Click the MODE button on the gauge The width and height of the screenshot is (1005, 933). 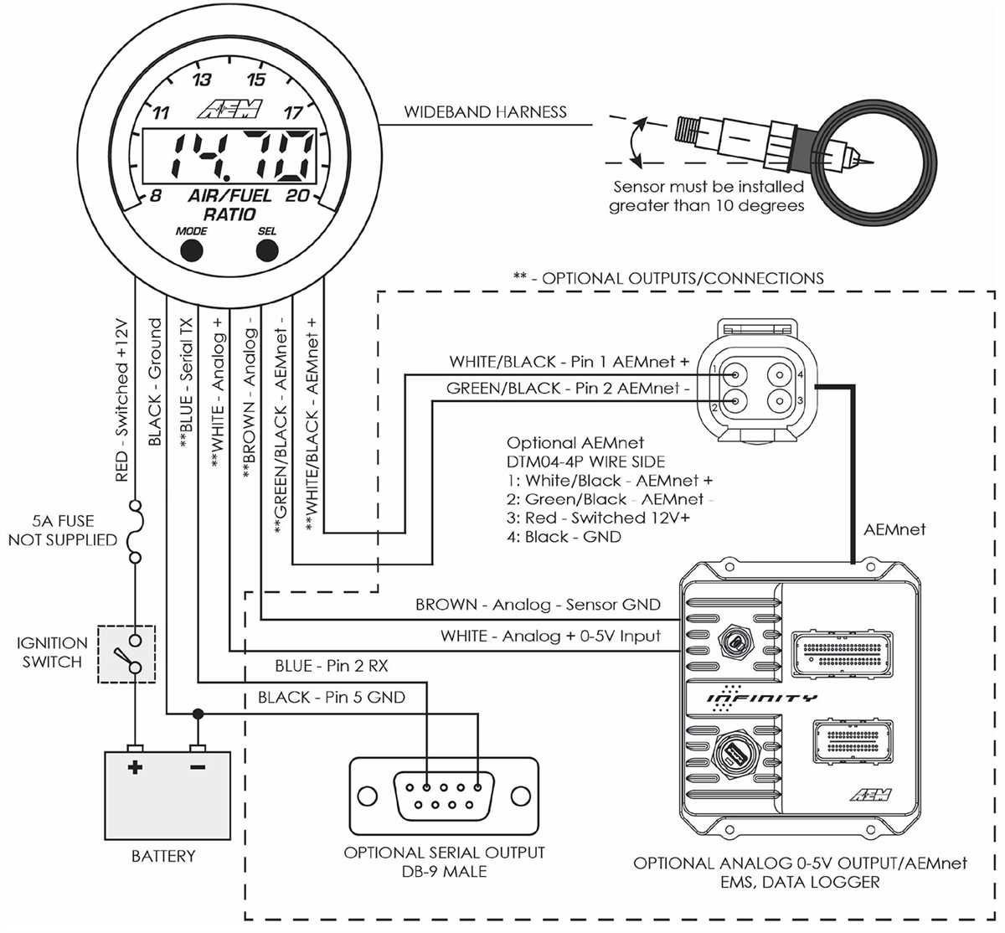192,250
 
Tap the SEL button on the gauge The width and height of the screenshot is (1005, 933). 267,250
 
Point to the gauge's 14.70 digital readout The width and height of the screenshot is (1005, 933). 229,156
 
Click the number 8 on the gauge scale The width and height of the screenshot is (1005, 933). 156,195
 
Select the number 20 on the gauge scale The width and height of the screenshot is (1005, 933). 297,195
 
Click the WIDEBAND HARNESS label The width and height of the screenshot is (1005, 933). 485,112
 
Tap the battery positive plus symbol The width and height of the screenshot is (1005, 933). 135,767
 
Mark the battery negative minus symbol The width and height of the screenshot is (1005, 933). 198,767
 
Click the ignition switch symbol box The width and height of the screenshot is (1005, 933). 126,654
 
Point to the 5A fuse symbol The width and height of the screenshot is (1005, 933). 136,532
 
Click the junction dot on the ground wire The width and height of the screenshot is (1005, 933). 198,714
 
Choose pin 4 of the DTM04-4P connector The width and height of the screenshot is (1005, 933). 780,375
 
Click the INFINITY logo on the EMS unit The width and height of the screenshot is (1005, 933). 762,698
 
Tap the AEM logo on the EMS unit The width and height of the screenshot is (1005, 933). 871,794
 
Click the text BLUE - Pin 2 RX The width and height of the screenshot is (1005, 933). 332,666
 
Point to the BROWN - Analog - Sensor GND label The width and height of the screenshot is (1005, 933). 538,605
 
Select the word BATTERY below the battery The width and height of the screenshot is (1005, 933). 163,856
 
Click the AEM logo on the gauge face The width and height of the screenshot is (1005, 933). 229,109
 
